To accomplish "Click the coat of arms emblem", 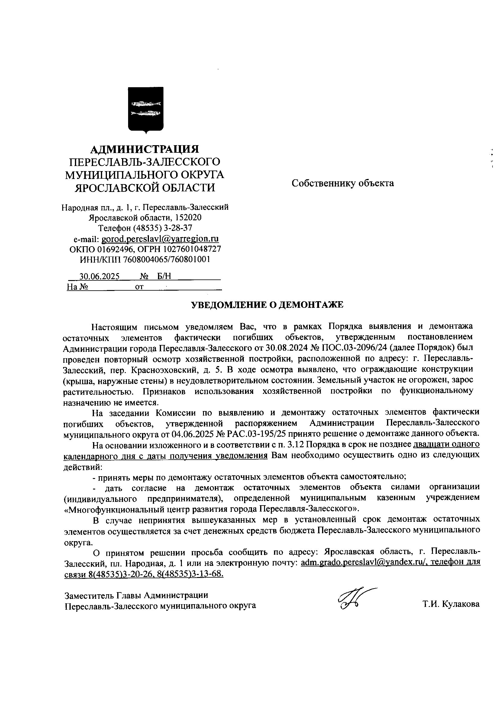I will [x=146, y=110].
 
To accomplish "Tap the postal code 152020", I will [x=188, y=218].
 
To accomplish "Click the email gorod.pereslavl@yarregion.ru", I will [x=160, y=239].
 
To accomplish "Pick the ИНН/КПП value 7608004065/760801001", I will [x=166, y=260].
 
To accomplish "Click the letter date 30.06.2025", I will [x=99, y=276].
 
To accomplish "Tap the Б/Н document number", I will [x=164, y=276].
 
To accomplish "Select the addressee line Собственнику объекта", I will [x=343, y=183].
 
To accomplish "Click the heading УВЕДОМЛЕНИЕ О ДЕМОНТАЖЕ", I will [x=267, y=305].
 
